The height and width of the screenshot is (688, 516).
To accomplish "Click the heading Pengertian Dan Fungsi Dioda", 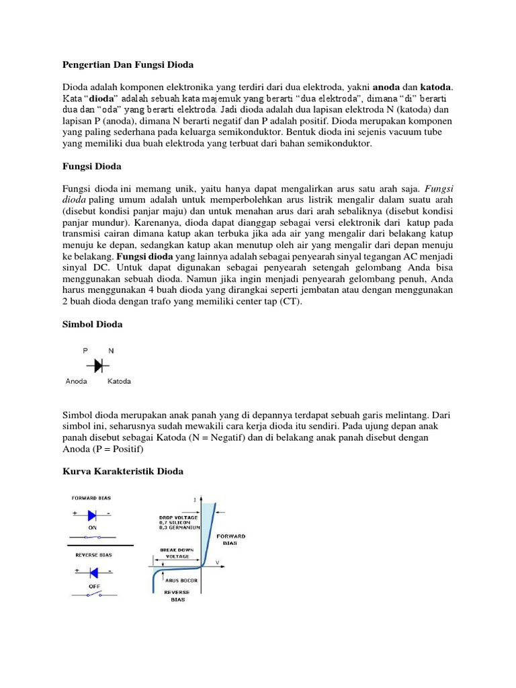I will (x=128, y=65).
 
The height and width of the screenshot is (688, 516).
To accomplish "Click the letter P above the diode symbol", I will (x=85, y=350).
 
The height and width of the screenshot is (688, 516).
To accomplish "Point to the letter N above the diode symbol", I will (x=111, y=350).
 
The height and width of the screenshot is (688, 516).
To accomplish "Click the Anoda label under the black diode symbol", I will (x=77, y=381).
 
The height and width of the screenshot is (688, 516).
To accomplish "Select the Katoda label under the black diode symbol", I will (x=119, y=381).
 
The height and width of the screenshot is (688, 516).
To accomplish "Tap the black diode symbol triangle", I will (x=98, y=365).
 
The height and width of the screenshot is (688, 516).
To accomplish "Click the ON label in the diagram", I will (x=94, y=527).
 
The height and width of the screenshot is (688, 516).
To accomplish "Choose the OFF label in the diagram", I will (x=94, y=585).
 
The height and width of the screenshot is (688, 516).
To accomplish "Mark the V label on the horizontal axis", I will (x=216, y=561).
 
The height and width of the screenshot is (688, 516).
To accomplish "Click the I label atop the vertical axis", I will (x=194, y=499).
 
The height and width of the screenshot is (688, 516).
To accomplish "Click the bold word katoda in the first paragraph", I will (x=436, y=87).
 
